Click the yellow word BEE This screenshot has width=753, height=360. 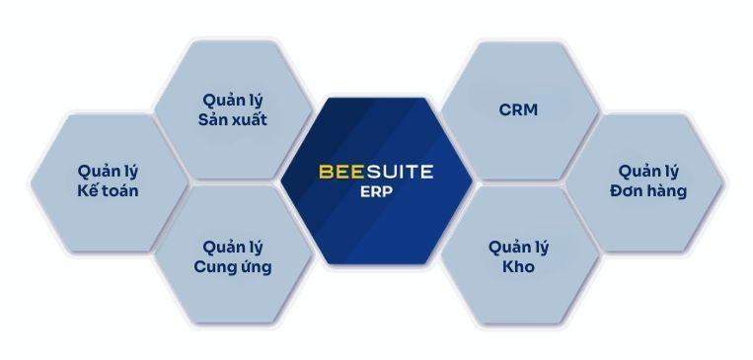tap(339, 171)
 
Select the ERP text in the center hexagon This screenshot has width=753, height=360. tap(375, 193)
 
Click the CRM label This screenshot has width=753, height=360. tap(518, 109)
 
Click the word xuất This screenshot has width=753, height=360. tap(250, 120)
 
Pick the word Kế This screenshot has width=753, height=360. tap(89, 190)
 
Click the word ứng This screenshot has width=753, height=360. tap(255, 266)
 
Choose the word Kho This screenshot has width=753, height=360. tap(518, 266)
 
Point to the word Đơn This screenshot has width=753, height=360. tap(628, 190)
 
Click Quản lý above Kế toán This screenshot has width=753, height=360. tap(106, 170)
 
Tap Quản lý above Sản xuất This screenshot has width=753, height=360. tap(232, 100)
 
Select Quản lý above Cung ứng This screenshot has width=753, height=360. tap(232, 246)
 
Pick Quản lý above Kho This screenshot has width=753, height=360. tap(518, 246)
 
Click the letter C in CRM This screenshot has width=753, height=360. tap(505, 109)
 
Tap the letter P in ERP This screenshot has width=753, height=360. tap(388, 193)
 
